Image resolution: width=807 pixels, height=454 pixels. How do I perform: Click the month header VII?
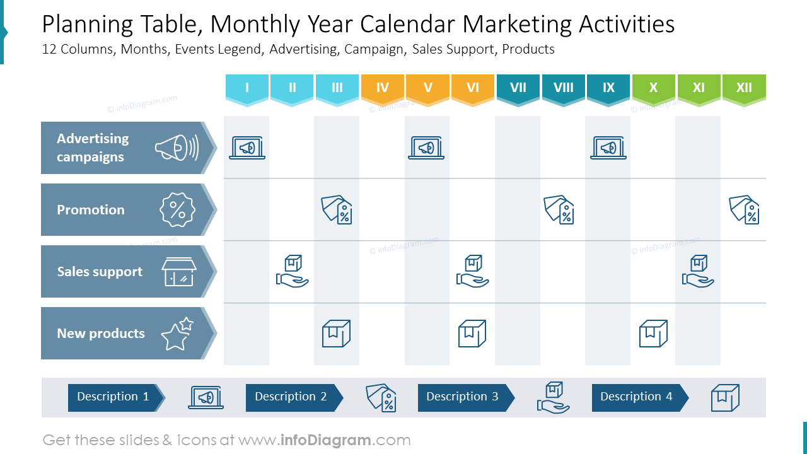point(518,88)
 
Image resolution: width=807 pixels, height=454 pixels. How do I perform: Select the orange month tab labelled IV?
point(383,88)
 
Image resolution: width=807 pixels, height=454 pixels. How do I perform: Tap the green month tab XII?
point(744,88)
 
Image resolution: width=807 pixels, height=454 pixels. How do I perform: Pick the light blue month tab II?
point(292,88)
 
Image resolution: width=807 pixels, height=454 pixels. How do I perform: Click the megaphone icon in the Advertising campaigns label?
point(177,148)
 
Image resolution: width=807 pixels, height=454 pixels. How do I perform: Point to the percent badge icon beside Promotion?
point(177,210)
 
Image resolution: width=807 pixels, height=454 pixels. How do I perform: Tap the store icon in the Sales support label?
point(179,272)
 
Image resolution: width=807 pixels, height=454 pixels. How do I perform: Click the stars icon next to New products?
point(177,334)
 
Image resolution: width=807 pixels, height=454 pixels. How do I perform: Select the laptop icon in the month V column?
point(427,148)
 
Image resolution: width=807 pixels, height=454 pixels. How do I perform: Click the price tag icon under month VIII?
point(559,209)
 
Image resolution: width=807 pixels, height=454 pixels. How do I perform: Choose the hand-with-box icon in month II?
point(293,272)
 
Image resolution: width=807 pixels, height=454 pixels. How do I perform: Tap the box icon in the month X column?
point(653,334)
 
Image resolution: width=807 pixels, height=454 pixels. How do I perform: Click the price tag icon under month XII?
point(745,209)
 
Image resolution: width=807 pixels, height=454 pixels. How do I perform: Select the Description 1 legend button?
point(113,397)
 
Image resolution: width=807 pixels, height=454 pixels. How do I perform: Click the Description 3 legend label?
point(463,397)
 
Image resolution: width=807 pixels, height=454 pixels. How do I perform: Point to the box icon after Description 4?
point(725,398)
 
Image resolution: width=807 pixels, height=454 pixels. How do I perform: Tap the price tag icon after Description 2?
point(381,398)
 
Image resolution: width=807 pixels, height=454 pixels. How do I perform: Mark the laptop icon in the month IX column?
point(608,148)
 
